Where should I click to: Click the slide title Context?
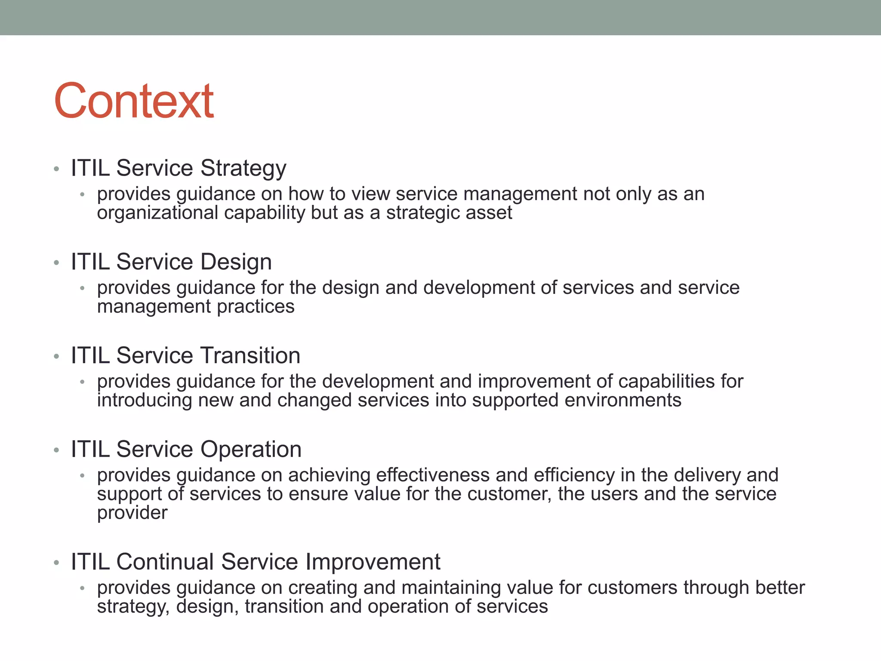pos(134,101)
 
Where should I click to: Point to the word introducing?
pos(145,400)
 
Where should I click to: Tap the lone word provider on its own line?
pos(132,513)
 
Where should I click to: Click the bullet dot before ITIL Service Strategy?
pos(56,169)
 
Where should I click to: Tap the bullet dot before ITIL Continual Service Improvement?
pos(56,562)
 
